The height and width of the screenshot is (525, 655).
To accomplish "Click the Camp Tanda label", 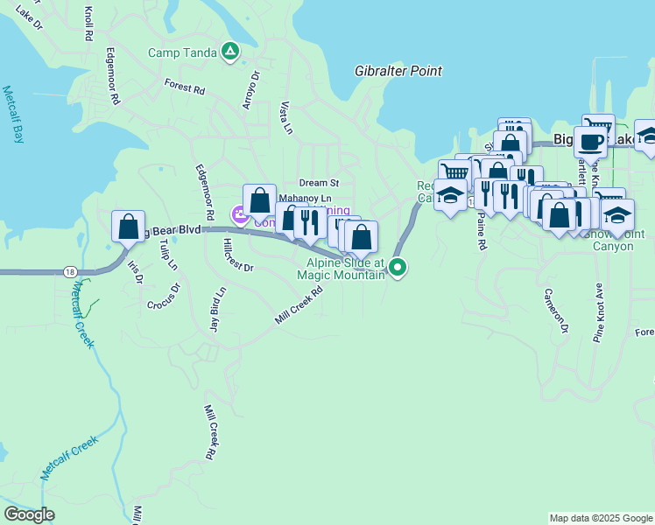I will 182,52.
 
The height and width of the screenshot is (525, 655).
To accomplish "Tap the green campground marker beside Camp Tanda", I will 230,52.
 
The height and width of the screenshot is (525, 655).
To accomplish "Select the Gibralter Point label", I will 398,71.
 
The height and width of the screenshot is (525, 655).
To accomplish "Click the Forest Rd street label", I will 184,88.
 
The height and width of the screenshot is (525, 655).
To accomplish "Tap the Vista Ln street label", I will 285,118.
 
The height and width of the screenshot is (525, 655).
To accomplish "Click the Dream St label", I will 319,183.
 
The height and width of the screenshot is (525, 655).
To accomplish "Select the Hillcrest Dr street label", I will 238,255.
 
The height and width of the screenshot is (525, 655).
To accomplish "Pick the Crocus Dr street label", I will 163,296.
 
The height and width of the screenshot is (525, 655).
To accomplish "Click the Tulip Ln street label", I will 168,253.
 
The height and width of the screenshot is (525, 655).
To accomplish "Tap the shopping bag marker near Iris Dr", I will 128,227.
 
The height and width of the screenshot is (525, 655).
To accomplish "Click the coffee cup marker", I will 590,141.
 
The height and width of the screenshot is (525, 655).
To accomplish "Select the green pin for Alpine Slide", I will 398,268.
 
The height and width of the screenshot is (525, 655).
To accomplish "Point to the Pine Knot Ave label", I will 599,312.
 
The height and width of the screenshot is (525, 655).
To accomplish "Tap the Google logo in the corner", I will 30,514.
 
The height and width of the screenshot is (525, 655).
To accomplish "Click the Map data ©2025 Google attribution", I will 601,518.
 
